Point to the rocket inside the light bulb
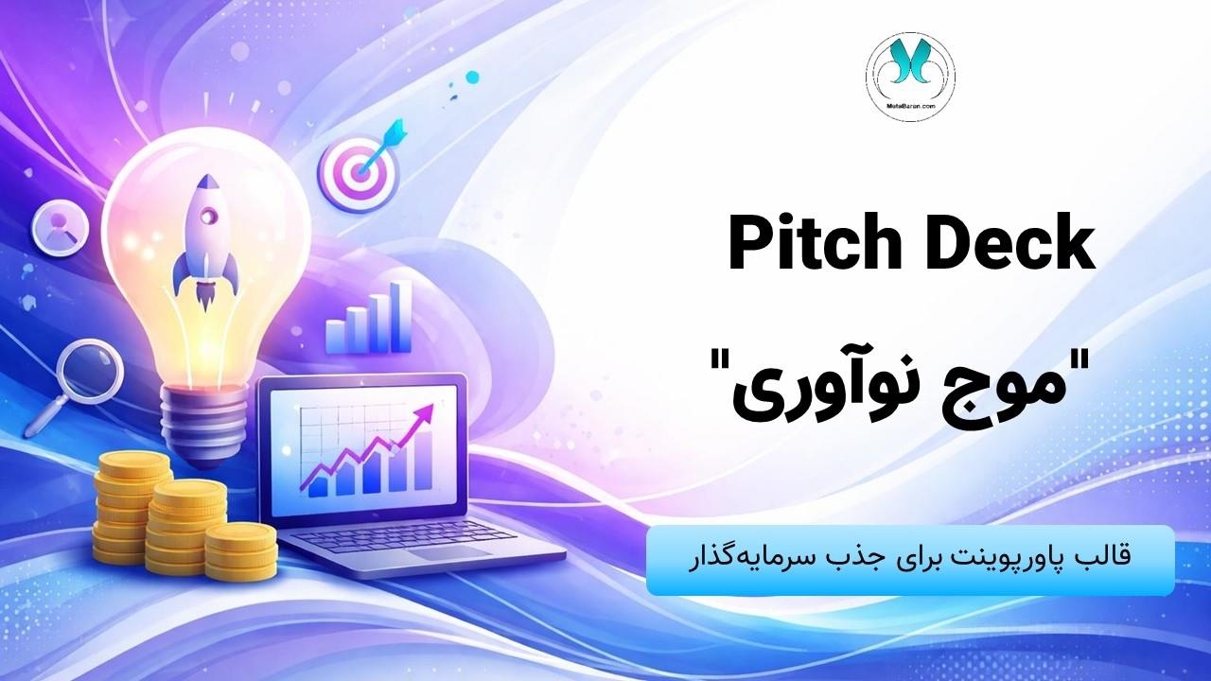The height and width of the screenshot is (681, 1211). point(205,241)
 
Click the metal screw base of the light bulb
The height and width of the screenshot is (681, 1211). point(208,422)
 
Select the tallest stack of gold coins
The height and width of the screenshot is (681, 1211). point(132,508)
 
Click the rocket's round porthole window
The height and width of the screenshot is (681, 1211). point(207,218)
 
